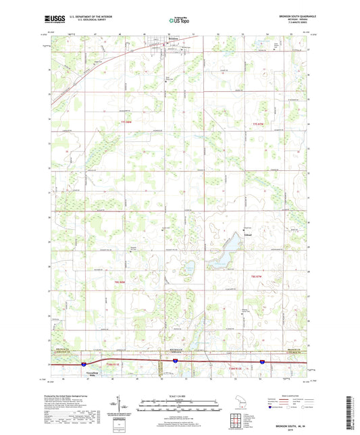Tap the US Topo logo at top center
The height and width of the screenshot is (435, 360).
[179, 20]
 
